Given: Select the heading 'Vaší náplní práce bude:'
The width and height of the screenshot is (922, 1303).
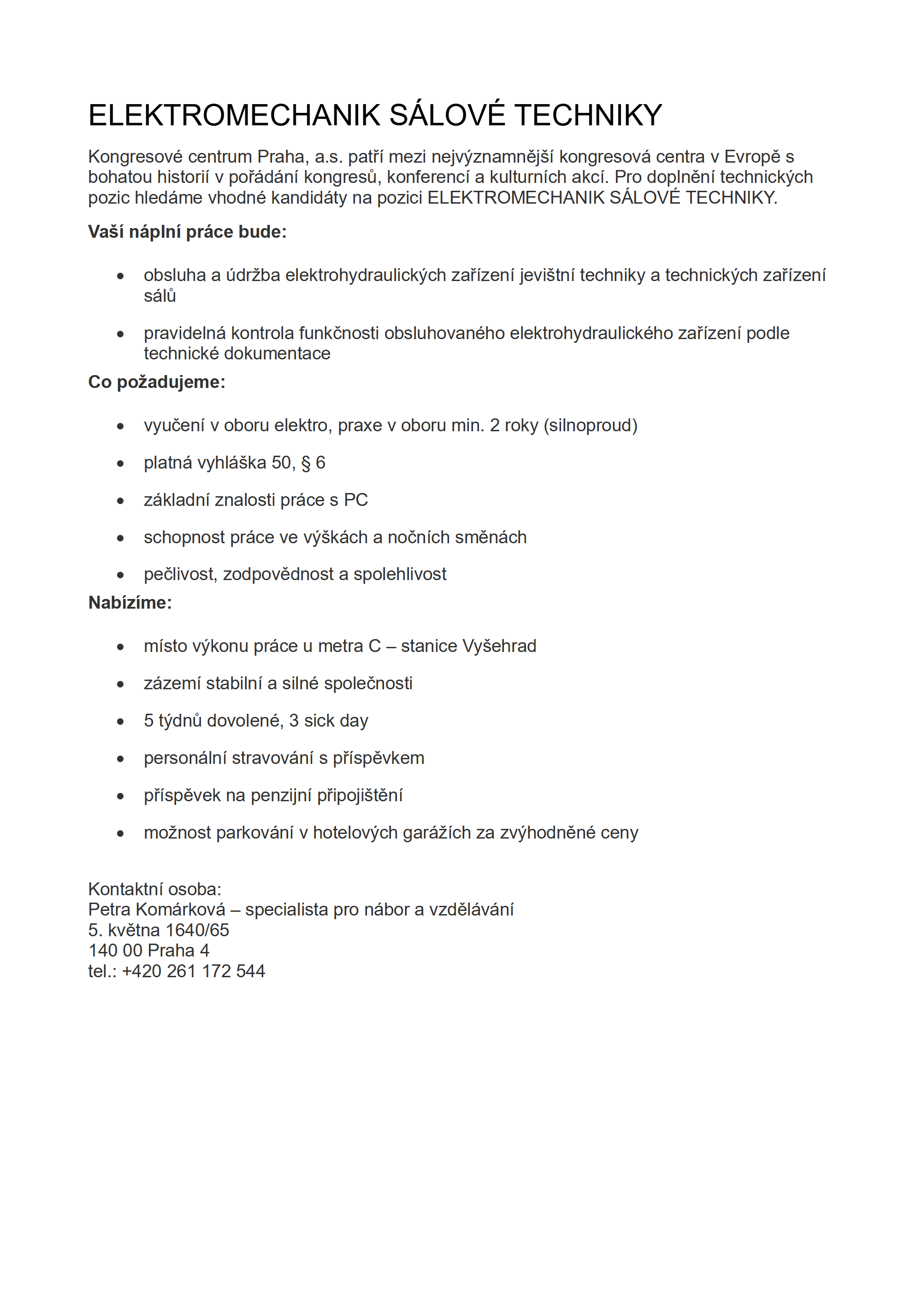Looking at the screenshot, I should (187, 232).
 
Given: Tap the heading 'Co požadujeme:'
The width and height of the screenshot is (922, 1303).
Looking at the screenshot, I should (157, 382).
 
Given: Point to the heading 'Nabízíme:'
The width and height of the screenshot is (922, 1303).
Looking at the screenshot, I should (130, 602).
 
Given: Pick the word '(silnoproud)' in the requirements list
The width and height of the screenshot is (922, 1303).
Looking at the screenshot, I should (591, 425).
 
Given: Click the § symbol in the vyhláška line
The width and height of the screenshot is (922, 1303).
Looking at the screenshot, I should (306, 463).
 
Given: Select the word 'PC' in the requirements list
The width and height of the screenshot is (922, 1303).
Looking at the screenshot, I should (356, 500).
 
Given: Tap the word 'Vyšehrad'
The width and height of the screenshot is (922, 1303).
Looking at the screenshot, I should (500, 646).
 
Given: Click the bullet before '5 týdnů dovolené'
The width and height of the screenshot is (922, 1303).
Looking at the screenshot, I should (120, 722).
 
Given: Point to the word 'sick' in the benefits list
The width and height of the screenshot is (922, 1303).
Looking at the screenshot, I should (319, 721).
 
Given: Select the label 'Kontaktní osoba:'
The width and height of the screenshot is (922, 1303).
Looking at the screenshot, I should (154, 889).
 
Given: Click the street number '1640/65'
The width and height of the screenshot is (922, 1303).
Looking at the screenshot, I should (197, 930).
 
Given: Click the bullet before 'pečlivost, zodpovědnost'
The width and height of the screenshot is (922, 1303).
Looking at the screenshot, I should (120, 575).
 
